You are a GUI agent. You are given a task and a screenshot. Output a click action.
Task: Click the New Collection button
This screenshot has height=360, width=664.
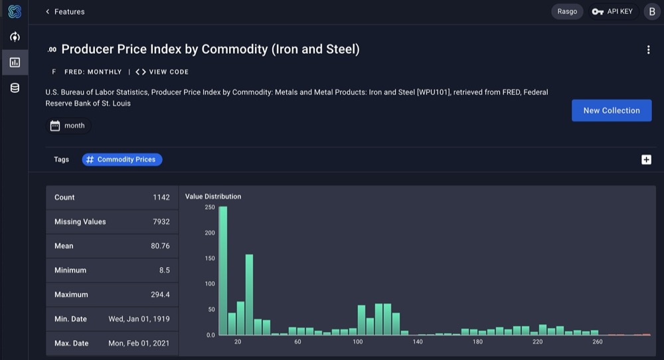(x=611, y=110)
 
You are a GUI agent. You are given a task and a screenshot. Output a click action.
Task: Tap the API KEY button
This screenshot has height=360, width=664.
(x=613, y=11)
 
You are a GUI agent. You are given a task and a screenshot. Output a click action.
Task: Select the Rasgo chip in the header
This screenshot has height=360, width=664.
(x=566, y=11)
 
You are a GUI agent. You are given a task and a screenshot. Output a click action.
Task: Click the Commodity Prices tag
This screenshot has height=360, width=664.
(x=122, y=159)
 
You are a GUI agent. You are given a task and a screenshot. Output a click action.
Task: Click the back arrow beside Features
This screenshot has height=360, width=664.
(x=48, y=11)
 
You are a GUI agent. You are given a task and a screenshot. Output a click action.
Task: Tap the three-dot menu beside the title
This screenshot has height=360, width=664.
(x=648, y=50)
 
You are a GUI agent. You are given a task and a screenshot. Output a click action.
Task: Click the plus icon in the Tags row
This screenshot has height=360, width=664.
(x=646, y=159)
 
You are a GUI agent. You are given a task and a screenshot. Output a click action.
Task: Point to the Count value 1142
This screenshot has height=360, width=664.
(x=161, y=197)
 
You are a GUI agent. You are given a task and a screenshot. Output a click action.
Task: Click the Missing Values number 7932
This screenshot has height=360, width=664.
(x=160, y=222)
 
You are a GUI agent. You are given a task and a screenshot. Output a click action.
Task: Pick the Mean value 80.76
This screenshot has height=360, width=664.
(x=160, y=246)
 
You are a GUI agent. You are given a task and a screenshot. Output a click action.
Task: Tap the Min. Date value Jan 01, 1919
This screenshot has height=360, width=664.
(x=139, y=319)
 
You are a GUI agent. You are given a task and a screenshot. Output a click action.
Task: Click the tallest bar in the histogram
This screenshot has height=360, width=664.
(x=223, y=271)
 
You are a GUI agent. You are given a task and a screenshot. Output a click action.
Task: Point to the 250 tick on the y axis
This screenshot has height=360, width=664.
(x=210, y=207)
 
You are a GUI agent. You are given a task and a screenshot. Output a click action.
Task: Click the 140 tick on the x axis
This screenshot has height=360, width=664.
(x=418, y=341)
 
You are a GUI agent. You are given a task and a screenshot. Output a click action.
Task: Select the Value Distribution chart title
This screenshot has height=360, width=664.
(x=213, y=197)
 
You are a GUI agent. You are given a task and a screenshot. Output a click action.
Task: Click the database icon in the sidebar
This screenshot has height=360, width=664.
(x=15, y=88)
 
